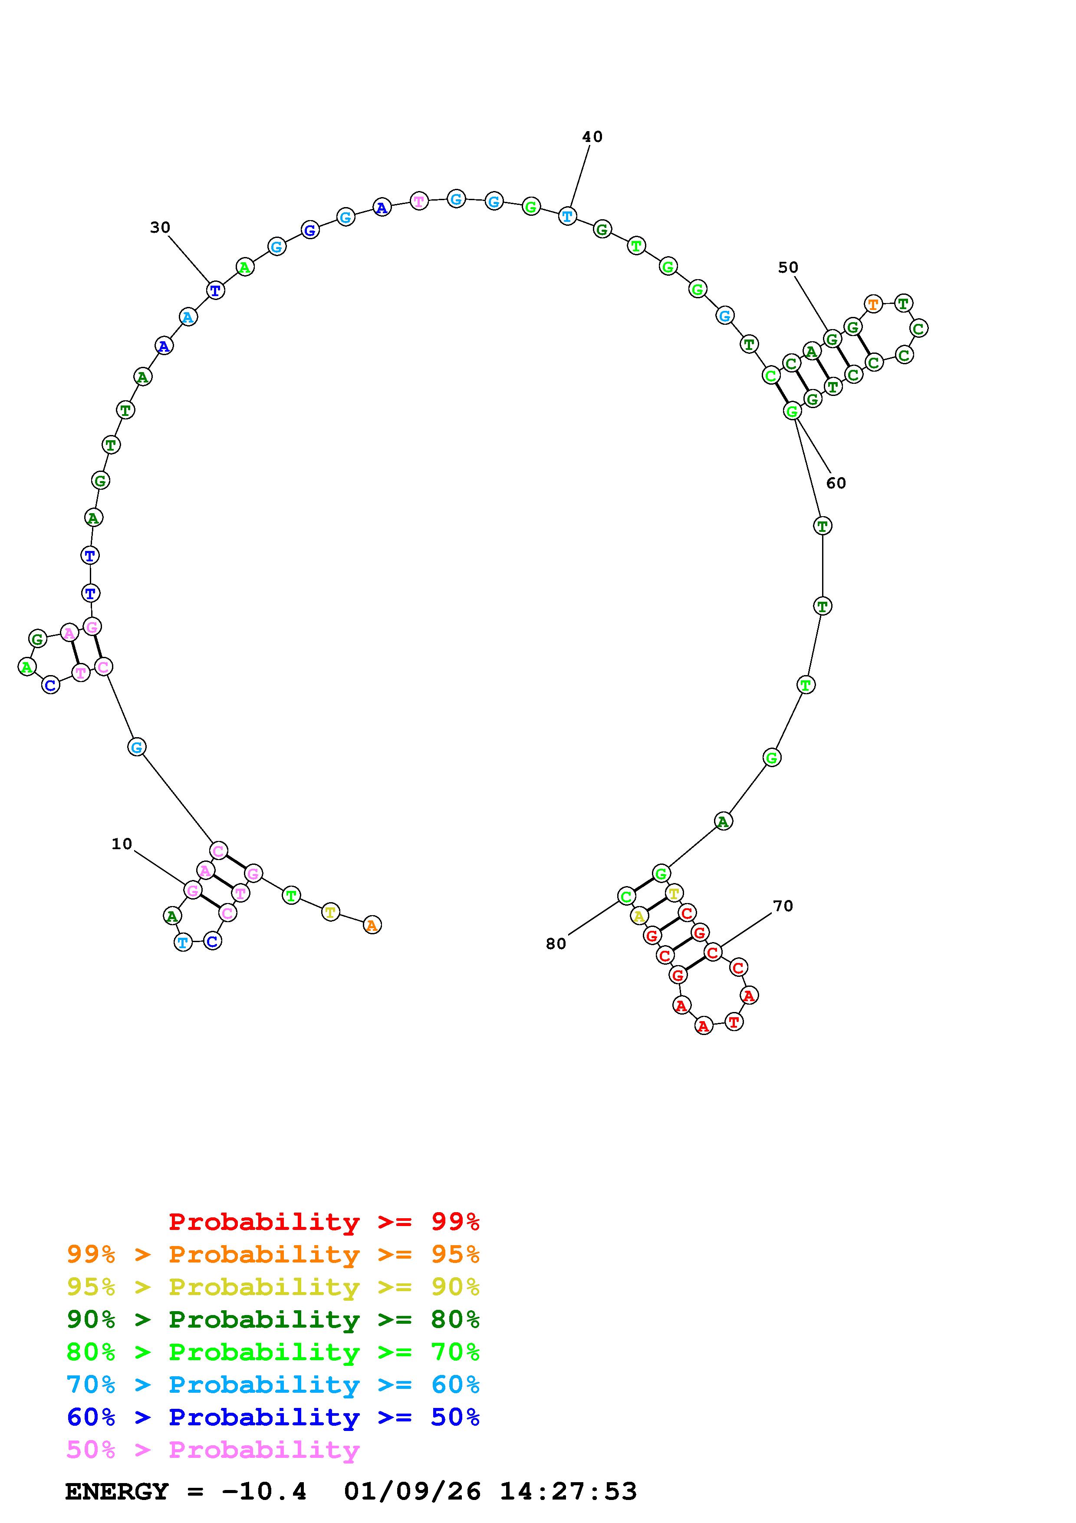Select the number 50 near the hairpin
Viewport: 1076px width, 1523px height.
(x=788, y=267)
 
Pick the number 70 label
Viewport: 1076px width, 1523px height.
(x=783, y=906)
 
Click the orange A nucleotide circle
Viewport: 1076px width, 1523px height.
(x=372, y=925)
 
